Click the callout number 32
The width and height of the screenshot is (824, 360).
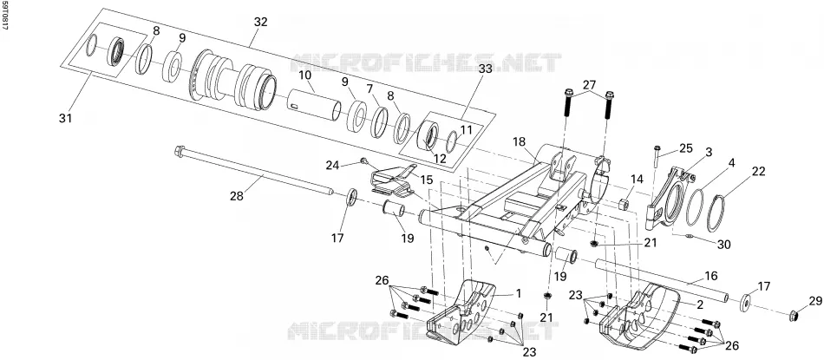coord(261,22)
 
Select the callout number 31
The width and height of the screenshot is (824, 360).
coord(65,119)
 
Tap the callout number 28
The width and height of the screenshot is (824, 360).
coord(237,196)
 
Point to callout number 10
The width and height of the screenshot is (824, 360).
coord(305,75)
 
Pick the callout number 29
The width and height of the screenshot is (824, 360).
coord(814,301)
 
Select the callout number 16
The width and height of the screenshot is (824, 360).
coord(710,276)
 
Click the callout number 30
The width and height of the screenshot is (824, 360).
coord(723,245)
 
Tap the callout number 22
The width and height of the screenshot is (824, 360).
coord(758,172)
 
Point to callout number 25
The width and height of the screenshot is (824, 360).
coord(686,148)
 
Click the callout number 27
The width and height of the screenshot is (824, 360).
coord(589,85)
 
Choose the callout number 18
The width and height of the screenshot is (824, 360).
coord(520,142)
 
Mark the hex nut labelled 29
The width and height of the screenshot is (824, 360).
coord(795,316)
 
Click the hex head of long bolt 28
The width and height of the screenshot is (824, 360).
coord(179,151)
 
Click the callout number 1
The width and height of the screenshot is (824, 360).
coord(518,293)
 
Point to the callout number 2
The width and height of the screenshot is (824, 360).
coord(700,304)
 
